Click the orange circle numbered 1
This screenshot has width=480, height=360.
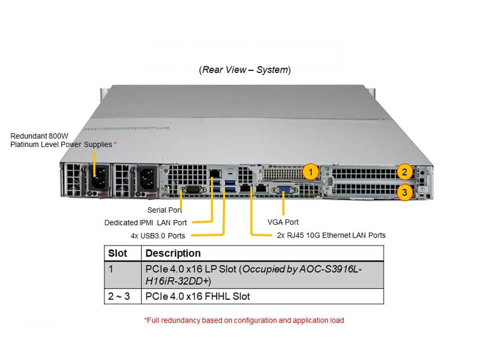311,172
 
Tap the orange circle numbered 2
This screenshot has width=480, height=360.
405,172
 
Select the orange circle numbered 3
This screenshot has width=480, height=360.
405,191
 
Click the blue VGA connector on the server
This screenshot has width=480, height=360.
283,190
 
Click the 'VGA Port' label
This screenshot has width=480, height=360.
283,222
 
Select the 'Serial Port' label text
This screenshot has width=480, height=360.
164,210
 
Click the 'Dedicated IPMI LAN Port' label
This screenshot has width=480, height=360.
145,222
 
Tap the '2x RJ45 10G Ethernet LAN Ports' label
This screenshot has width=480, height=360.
331,235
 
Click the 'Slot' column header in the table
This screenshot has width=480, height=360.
117,253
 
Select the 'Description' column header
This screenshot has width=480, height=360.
173,253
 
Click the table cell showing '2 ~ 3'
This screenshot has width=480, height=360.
119,296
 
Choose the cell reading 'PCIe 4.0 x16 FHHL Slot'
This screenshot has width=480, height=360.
197,296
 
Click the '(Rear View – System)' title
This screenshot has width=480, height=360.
244,70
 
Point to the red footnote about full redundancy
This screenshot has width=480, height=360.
244,320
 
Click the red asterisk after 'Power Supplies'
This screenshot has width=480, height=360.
115,144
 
